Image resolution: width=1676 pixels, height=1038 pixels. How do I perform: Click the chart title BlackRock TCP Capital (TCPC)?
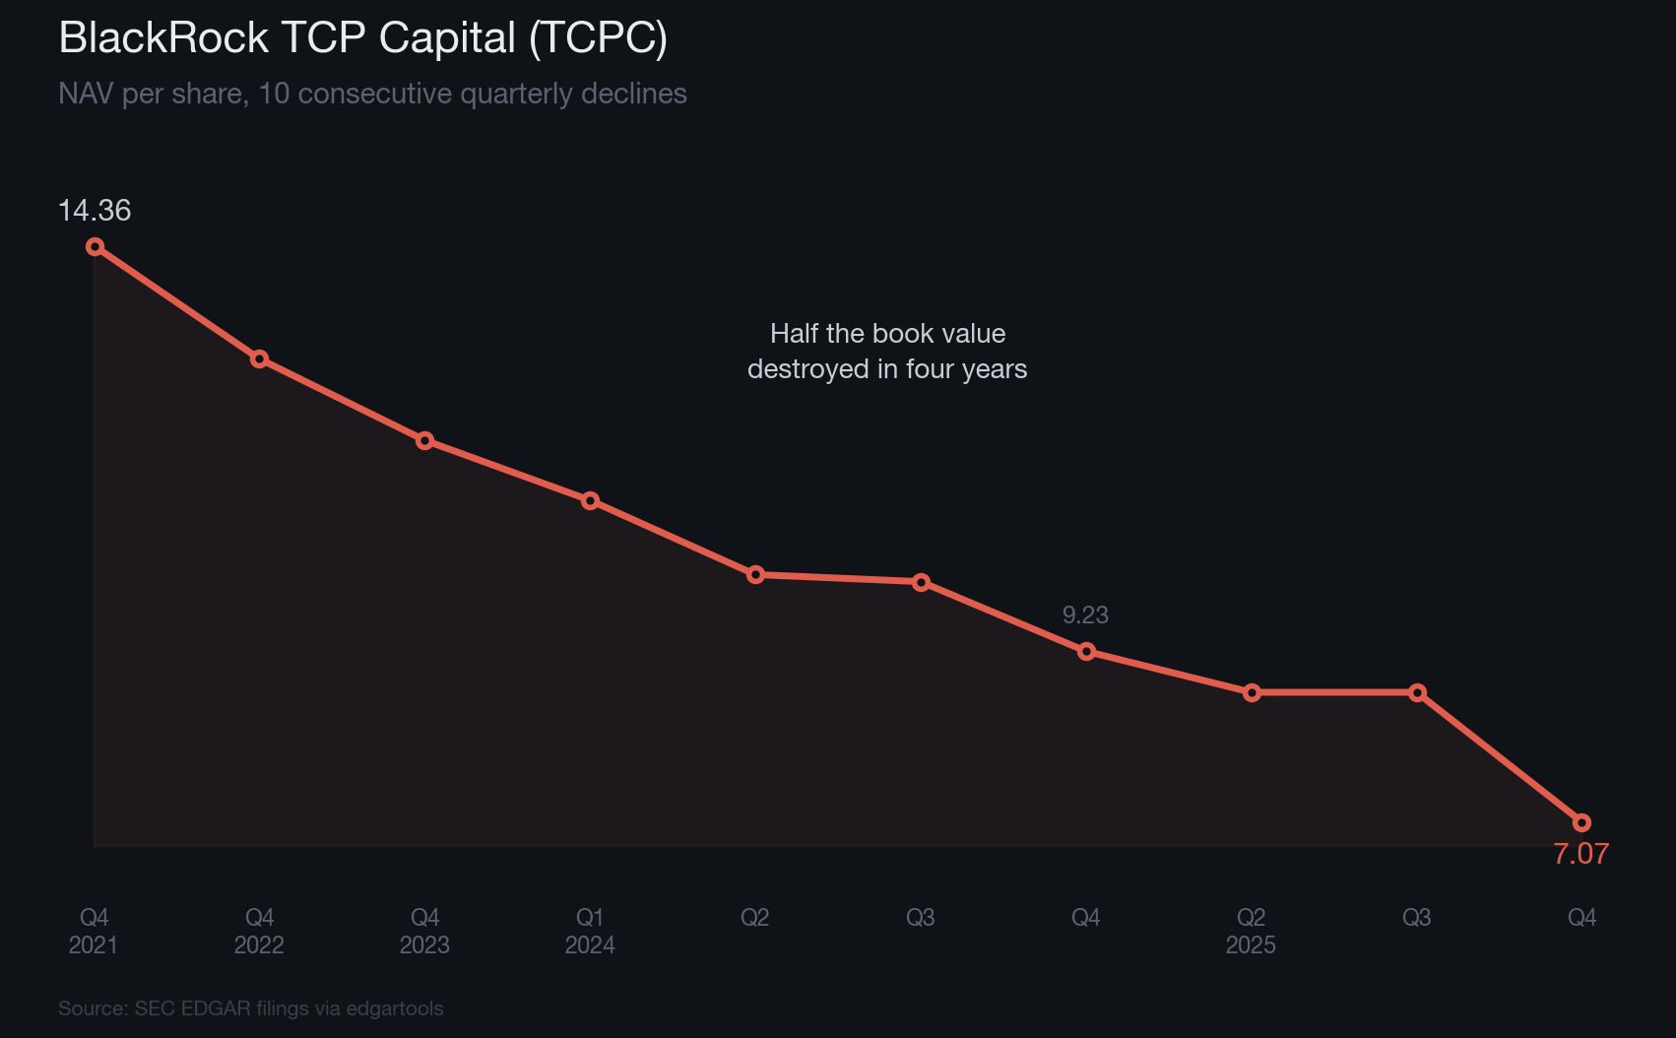362,39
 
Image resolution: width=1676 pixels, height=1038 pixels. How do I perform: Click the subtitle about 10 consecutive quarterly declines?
372,95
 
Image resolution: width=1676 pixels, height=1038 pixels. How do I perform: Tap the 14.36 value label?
95,211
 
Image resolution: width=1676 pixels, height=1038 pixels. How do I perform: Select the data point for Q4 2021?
95,246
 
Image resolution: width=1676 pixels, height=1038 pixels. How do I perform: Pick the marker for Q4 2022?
259,358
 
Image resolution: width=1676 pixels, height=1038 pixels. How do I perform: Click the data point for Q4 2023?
424,440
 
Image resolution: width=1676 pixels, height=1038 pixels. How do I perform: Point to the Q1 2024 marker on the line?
590,500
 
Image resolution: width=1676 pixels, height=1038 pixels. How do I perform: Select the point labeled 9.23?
1086,651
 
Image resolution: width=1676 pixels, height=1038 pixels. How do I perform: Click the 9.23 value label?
1085,616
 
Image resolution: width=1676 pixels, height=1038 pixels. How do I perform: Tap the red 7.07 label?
1580,854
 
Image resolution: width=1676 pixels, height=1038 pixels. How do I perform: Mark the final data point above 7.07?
1581,822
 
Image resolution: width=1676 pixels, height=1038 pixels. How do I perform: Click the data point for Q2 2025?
1252,692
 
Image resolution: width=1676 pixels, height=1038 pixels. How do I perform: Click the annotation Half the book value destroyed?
887,352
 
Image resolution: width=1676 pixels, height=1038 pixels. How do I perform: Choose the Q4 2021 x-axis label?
94,931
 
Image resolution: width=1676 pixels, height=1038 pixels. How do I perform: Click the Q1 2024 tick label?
590,931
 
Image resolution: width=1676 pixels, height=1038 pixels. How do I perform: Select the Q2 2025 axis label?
1251,931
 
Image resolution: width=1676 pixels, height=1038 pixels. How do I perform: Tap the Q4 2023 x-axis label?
424,931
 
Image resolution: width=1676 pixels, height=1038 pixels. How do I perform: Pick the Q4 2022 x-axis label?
259,931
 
